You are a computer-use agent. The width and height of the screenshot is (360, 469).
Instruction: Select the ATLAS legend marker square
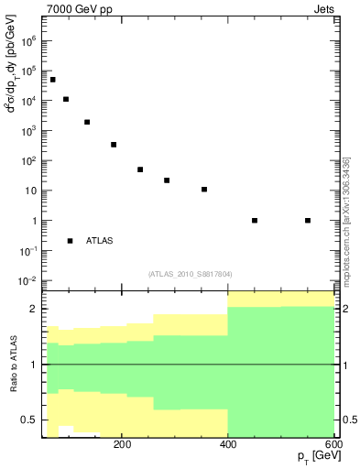coord(71,241)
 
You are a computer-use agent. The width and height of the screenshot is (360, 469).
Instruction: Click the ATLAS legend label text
coord(100,241)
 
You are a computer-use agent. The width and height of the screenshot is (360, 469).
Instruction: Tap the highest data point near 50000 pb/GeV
coord(53,80)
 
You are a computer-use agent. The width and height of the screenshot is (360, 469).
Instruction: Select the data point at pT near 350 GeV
coord(204,190)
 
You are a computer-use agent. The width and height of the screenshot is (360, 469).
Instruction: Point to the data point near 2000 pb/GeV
coord(87,122)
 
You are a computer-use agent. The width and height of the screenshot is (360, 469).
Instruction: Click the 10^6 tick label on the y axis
coord(29,41)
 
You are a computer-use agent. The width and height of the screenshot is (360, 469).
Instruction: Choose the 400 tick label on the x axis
coord(228,446)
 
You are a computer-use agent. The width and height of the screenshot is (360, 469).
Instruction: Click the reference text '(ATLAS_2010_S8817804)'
coord(189,272)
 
